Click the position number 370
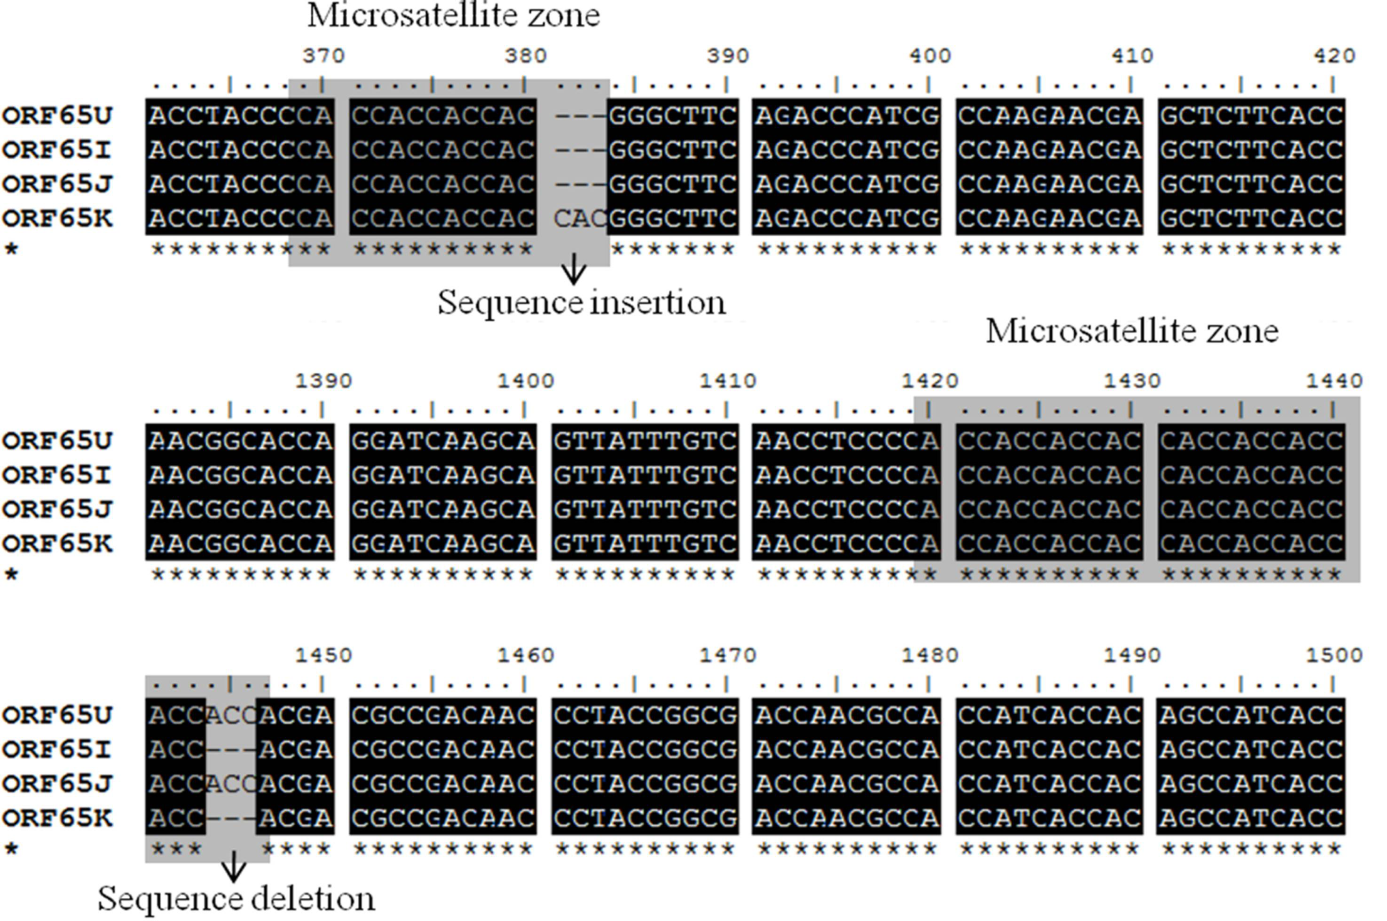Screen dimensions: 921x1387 [323, 56]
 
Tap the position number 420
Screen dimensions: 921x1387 [1334, 56]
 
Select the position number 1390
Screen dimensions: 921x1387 [323, 381]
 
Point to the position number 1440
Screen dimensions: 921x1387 [1334, 381]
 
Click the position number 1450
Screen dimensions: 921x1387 [323, 655]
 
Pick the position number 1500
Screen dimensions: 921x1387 [1334, 655]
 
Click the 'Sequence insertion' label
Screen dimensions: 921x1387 [581, 303]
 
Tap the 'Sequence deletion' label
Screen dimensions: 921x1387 [236, 898]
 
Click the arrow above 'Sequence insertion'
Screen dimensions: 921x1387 [573, 271]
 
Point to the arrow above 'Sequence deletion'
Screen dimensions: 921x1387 [234, 866]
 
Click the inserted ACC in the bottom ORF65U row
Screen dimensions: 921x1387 [231, 715]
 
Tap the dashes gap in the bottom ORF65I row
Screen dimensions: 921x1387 [231, 749]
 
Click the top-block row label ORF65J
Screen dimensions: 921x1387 [57, 184]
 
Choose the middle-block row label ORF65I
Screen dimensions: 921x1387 [57, 476]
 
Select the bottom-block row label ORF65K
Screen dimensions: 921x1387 [57, 818]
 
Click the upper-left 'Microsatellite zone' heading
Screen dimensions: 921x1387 [453, 15]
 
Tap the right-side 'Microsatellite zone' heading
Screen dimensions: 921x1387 [1132, 331]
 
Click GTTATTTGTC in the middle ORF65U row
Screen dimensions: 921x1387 [645, 441]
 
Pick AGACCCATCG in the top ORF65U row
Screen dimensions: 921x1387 [846, 116]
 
